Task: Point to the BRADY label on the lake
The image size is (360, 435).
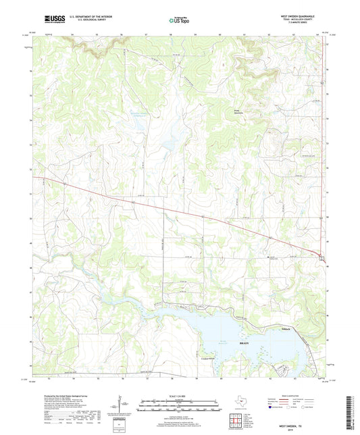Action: [x=245, y=344]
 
